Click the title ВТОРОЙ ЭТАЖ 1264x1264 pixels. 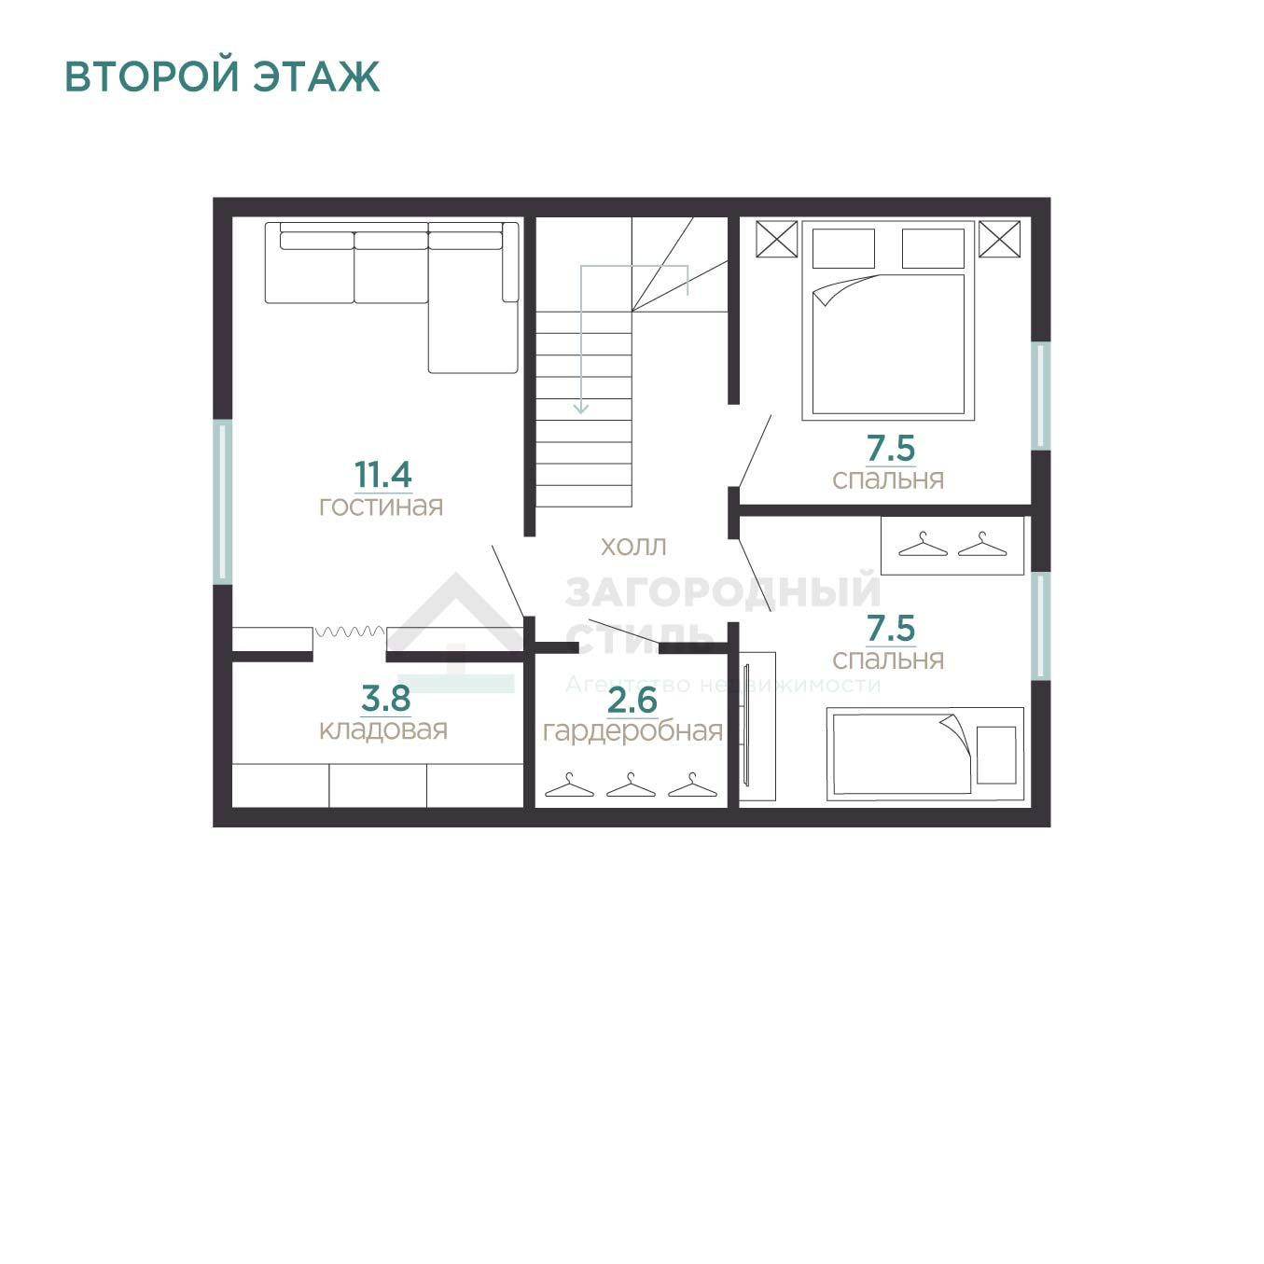(222, 76)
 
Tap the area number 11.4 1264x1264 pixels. (383, 474)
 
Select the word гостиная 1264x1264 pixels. (382, 507)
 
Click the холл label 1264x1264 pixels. (633, 547)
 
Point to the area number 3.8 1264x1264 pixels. (386, 698)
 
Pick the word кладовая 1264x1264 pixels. (383, 730)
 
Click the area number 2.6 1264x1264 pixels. (632, 700)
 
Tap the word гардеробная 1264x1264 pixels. (633, 731)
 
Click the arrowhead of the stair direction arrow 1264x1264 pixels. (580, 409)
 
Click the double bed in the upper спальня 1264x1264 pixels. (888, 321)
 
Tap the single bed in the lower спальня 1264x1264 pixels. (924, 755)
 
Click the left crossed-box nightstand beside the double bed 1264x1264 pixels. (777, 239)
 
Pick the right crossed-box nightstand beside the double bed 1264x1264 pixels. (1000, 239)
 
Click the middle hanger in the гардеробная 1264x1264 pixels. (631, 785)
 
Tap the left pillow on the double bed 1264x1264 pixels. (843, 248)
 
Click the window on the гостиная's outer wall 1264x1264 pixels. (223, 502)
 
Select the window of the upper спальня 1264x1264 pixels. (1041, 396)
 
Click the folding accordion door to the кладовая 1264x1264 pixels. (350, 632)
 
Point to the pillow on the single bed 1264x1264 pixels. (996, 755)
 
